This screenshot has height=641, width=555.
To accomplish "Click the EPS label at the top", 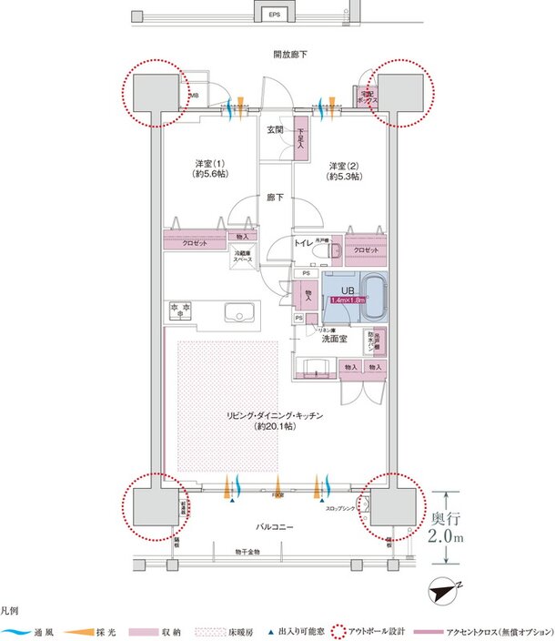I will click(274, 15).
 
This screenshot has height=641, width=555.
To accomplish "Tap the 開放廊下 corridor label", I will click(290, 56).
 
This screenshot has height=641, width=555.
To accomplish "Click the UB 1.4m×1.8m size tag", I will click(348, 299).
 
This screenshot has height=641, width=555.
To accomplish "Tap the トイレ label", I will click(304, 242).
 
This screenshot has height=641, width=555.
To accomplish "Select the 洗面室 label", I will click(334, 339).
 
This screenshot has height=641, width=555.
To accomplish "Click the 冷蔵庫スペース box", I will click(243, 256).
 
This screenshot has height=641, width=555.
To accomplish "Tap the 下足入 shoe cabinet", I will click(300, 140).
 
